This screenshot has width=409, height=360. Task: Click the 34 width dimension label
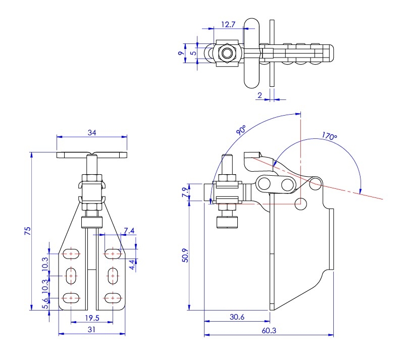92,133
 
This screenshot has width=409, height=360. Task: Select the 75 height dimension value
28,231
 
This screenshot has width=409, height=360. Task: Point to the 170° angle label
329,136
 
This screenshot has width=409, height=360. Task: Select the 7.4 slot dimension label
128,231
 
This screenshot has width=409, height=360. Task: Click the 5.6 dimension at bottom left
45,301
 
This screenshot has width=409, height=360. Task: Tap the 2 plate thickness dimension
259,94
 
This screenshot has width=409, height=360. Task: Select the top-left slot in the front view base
71,253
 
